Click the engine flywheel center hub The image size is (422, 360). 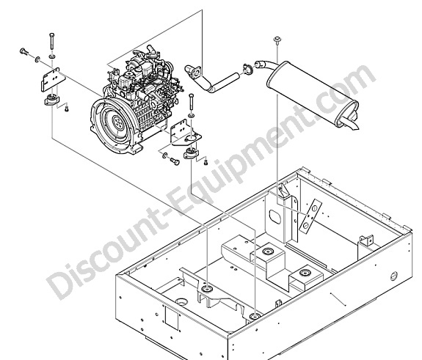(117, 123)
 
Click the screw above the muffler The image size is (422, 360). (277, 40)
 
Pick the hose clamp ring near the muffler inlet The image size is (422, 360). (248, 69)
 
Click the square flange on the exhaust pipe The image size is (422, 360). (197, 70)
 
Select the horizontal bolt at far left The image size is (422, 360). (25, 52)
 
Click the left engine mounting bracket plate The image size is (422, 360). (53, 78)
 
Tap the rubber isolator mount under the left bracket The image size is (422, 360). (52, 100)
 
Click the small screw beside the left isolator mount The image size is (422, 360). (67, 109)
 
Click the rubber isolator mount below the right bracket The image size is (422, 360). (191, 153)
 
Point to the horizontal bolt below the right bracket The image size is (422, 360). (175, 161)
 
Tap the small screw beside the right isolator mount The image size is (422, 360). (206, 162)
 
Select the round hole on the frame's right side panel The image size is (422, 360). (393, 276)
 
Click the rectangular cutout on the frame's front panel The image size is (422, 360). (172, 319)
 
